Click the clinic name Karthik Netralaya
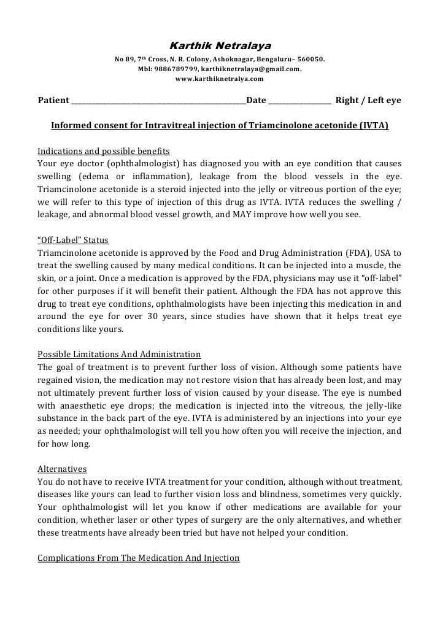[x=220, y=46]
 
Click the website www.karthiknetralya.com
[x=220, y=79]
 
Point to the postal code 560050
[x=311, y=60]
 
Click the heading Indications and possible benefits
[x=104, y=151]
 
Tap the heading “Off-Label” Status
[x=73, y=239]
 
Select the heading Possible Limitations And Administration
[x=119, y=355]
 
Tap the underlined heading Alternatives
[x=62, y=469]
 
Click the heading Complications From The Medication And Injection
[x=139, y=558]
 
